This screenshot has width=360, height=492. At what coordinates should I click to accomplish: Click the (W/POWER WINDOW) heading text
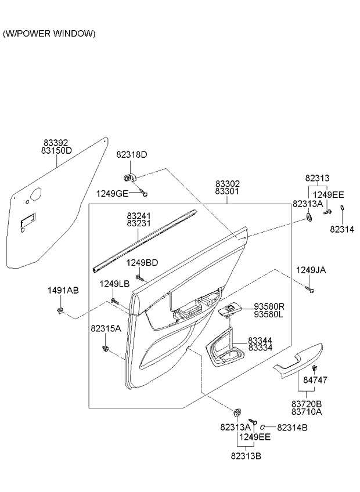point(49,34)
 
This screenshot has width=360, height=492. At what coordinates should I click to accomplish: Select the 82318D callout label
point(132,155)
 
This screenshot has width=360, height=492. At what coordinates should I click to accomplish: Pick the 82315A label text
point(106,328)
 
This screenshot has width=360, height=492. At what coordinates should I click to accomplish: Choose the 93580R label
point(269,306)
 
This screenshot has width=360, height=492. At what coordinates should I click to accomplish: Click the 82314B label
point(292,428)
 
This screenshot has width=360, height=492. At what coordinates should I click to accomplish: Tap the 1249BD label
point(142,263)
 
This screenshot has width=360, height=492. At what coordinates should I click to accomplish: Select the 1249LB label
point(114,284)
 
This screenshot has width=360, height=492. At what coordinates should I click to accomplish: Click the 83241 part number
point(139,215)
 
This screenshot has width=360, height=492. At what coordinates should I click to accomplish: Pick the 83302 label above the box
point(228,184)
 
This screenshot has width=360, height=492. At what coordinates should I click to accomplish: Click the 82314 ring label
point(342,229)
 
